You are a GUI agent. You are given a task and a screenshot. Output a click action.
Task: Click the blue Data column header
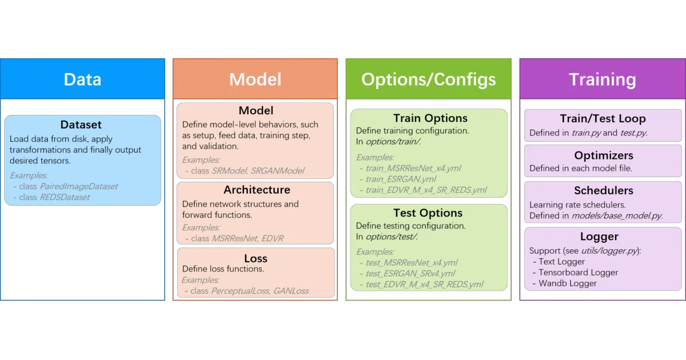click(x=82, y=79)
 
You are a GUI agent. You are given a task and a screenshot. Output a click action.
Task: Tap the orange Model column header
click(x=255, y=79)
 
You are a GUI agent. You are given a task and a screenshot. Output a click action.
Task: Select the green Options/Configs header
click(x=428, y=79)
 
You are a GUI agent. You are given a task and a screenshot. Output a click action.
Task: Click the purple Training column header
click(x=603, y=79)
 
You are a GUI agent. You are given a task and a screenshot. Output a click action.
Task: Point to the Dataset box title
click(x=81, y=125)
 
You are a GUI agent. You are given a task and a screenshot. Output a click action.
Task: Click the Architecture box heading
click(x=257, y=190)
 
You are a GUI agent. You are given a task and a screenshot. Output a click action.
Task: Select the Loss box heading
click(x=256, y=258)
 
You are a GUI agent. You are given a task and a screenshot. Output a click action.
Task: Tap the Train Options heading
click(x=430, y=118)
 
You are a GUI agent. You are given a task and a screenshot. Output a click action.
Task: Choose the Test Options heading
click(x=428, y=213)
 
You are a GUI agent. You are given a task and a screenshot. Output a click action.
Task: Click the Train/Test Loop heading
click(x=603, y=118)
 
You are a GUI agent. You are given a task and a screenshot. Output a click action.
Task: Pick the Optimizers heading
click(x=604, y=155)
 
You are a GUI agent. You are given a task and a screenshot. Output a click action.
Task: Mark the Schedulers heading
click(x=604, y=190)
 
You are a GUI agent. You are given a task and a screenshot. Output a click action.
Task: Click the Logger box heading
click(x=599, y=237)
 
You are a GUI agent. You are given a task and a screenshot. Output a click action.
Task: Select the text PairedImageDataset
click(x=79, y=186)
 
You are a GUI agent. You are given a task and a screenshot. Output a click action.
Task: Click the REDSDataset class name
click(x=65, y=197)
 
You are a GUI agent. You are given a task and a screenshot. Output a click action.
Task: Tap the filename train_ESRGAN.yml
click(x=401, y=179)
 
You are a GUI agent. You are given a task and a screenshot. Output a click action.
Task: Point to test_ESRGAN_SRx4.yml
click(x=410, y=273)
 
